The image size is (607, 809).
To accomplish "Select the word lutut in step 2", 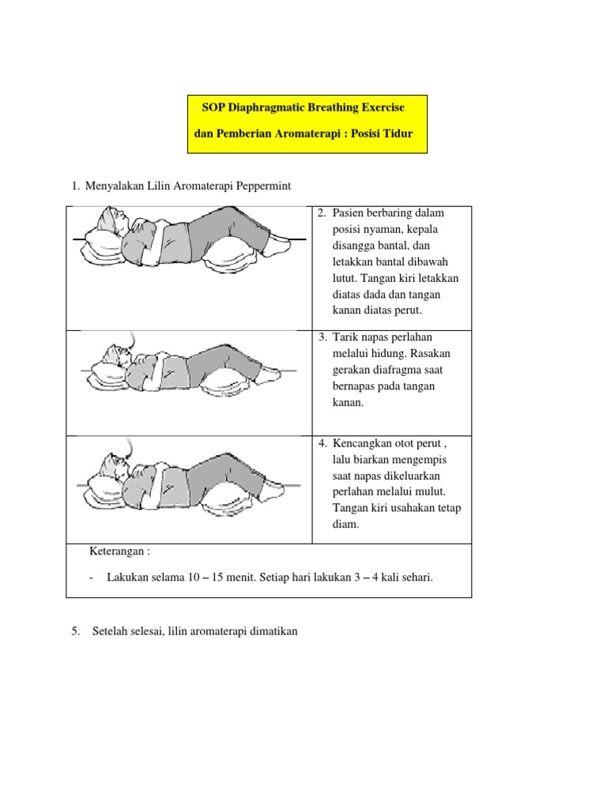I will coord(345,278).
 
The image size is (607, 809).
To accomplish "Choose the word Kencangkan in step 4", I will coord(364,442).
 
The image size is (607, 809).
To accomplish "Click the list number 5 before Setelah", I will coord(75,632).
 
